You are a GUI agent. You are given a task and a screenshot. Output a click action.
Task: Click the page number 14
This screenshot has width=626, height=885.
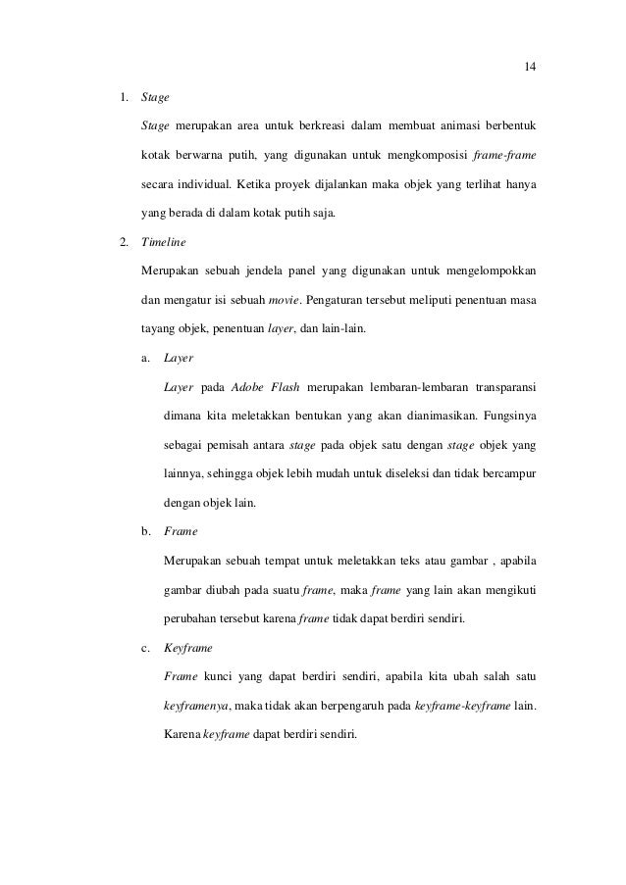coord(530,67)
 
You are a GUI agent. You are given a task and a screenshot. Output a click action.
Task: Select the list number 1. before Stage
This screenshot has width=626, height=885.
coord(123,98)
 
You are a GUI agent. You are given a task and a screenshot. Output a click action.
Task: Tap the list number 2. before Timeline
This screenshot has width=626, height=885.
coord(123,238)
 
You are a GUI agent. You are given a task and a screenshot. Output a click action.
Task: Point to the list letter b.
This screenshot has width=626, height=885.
coord(146,530)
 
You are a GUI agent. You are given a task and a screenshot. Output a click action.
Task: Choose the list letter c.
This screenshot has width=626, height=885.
coord(146,648)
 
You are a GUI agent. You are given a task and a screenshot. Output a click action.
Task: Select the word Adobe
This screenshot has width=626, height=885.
coord(250,387)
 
